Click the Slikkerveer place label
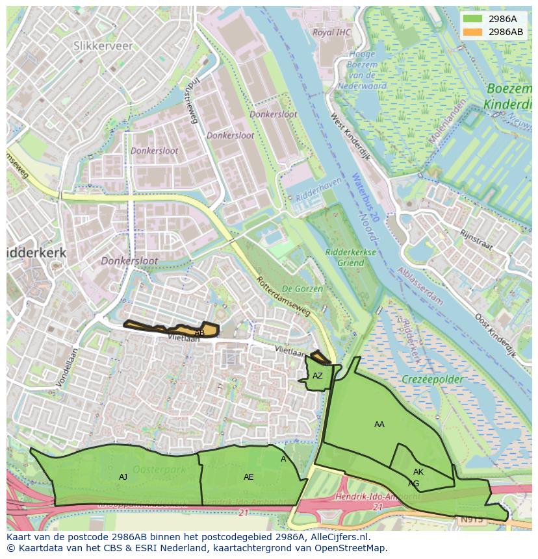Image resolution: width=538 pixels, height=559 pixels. (103, 46)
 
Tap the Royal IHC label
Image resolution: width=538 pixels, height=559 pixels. (331, 32)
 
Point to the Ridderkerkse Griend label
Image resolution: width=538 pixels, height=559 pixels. (350, 258)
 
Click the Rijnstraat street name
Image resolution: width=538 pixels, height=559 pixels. (476, 240)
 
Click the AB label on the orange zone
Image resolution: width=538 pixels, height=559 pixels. (199, 333)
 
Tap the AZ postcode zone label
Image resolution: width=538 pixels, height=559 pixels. (317, 376)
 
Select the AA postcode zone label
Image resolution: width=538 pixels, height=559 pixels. (379, 425)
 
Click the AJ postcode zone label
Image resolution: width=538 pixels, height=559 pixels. (123, 477)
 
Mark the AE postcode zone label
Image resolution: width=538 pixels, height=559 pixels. (248, 477)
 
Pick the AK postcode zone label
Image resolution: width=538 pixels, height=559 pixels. (418, 472)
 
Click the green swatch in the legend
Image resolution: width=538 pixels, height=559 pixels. (473, 19)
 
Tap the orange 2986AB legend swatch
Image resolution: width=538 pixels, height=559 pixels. (473, 32)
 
